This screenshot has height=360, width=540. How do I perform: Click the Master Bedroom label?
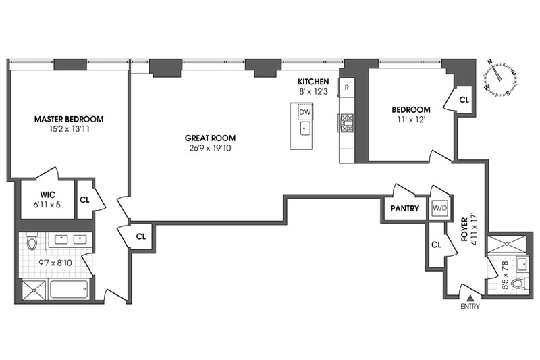point(69,119)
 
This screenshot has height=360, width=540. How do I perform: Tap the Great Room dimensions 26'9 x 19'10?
point(210,149)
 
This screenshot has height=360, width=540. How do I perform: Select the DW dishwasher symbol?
point(305,112)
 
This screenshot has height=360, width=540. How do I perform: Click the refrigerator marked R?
point(347,88)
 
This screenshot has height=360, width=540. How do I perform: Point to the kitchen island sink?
point(305,129)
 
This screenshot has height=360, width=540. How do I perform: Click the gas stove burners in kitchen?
point(347,123)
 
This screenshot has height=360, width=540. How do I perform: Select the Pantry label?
point(404,209)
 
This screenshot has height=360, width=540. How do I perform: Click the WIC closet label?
point(47,195)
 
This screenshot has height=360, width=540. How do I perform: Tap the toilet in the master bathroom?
point(32,240)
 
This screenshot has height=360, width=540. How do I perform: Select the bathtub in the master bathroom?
point(69,289)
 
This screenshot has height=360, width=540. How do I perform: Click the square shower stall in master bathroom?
point(34,290)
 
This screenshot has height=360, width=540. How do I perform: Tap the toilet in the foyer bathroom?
point(519,284)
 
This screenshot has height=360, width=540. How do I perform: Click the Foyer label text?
point(464,230)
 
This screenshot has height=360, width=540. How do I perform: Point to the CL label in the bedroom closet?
point(464,99)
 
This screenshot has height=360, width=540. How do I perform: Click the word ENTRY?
point(470,306)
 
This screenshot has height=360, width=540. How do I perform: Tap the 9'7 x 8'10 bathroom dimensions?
point(55,263)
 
